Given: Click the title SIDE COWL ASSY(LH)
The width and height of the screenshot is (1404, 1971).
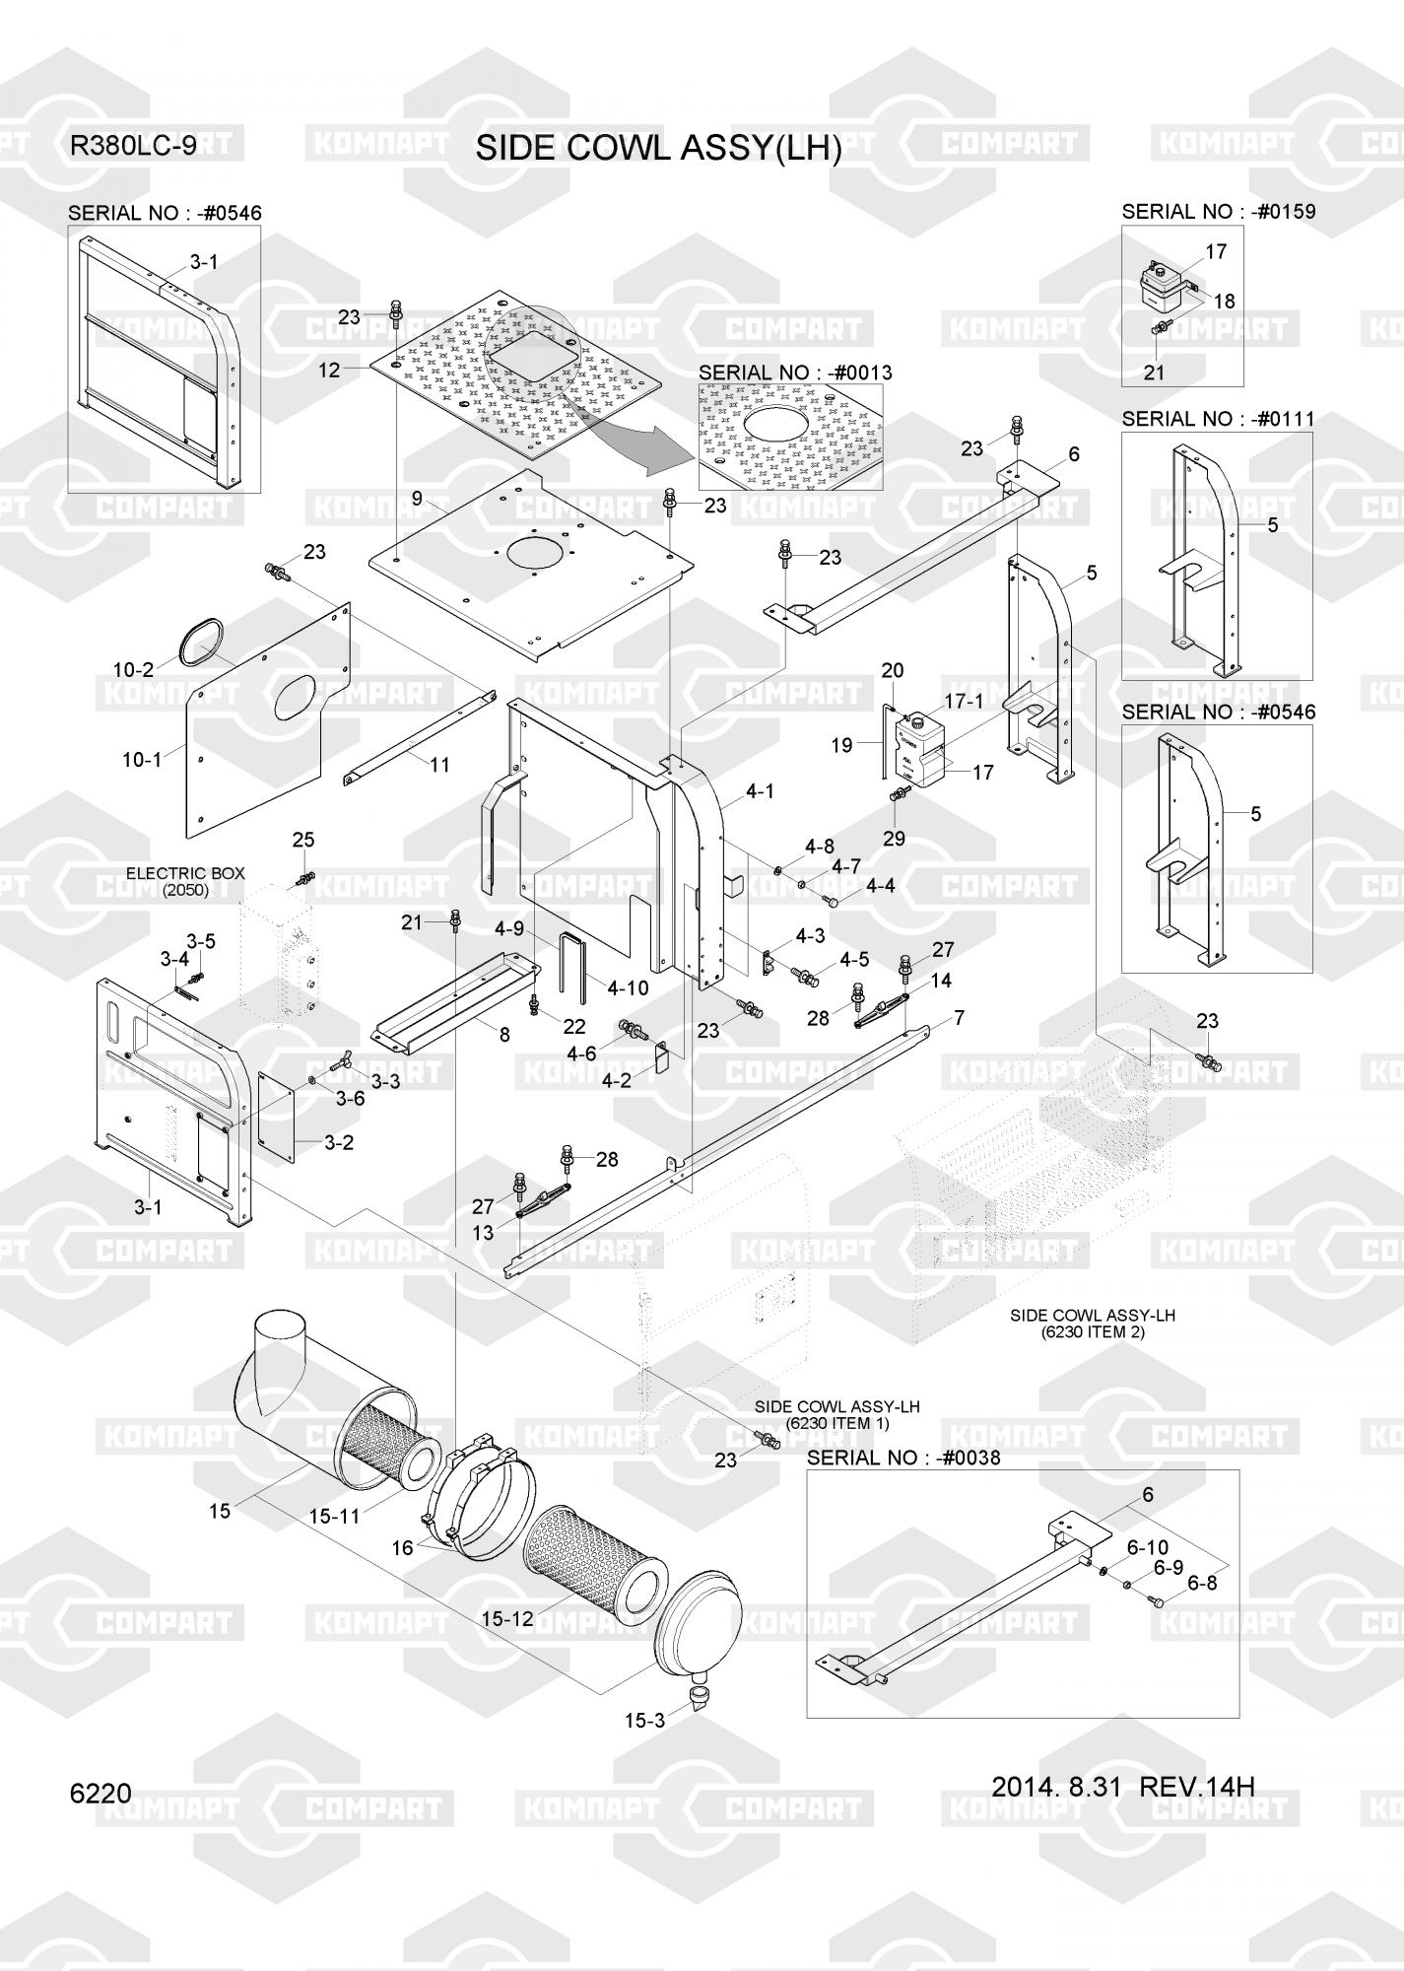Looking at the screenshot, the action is tap(658, 149).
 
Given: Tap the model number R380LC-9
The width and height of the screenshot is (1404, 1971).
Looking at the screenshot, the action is tap(132, 146).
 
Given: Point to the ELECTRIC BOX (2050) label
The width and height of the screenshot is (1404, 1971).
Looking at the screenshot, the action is tap(185, 881).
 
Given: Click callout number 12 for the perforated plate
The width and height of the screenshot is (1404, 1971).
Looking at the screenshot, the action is tap(329, 371).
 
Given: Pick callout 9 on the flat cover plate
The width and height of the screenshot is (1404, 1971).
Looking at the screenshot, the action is tap(417, 499).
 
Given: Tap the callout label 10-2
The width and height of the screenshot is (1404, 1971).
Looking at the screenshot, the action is tap(133, 670).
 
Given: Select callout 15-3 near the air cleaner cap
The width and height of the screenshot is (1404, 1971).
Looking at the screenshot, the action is tap(644, 1721).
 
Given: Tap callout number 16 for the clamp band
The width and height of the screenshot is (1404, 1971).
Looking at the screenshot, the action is tap(402, 1547).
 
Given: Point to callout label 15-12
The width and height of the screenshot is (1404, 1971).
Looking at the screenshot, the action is tap(508, 1619).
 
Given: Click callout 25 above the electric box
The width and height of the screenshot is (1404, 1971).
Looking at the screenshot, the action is tap(303, 840).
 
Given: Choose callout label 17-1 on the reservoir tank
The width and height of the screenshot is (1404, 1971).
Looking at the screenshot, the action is tap(965, 701).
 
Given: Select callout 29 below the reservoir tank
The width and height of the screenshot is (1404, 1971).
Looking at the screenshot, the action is tap(894, 840).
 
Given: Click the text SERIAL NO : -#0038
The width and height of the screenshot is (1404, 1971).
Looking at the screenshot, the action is tap(903, 1458).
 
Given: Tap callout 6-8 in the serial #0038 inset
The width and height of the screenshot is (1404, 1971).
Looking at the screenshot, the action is tap(1202, 1584).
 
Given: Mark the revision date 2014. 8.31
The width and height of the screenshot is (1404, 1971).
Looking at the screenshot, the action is tap(1056, 1788).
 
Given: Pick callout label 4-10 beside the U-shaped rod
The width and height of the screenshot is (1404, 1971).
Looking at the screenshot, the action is tap(628, 986).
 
